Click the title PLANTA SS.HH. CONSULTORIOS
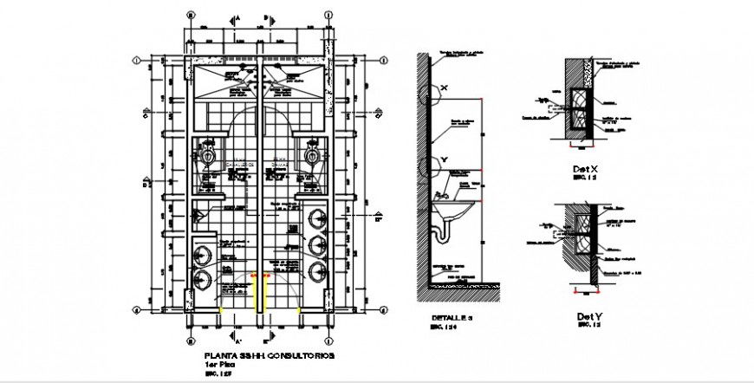click(267, 356)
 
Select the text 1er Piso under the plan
click(218, 365)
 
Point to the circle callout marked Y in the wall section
click(430, 166)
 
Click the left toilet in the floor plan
click(208, 154)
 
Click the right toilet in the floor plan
click(312, 154)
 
